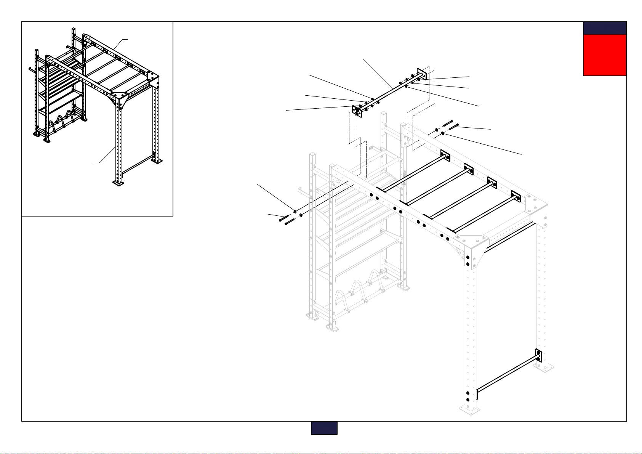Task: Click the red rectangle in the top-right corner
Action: click(x=605, y=55)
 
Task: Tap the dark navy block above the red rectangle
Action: click(x=605, y=28)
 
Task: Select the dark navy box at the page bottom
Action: click(x=324, y=428)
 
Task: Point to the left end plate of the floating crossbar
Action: click(x=357, y=111)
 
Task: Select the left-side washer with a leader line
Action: click(x=295, y=212)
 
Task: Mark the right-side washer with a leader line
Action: click(x=443, y=133)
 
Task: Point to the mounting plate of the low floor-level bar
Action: click(x=539, y=355)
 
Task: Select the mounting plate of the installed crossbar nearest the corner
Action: click(x=516, y=196)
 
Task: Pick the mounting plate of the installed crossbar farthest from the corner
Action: click(x=445, y=156)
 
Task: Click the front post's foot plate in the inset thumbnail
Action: click(x=118, y=183)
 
